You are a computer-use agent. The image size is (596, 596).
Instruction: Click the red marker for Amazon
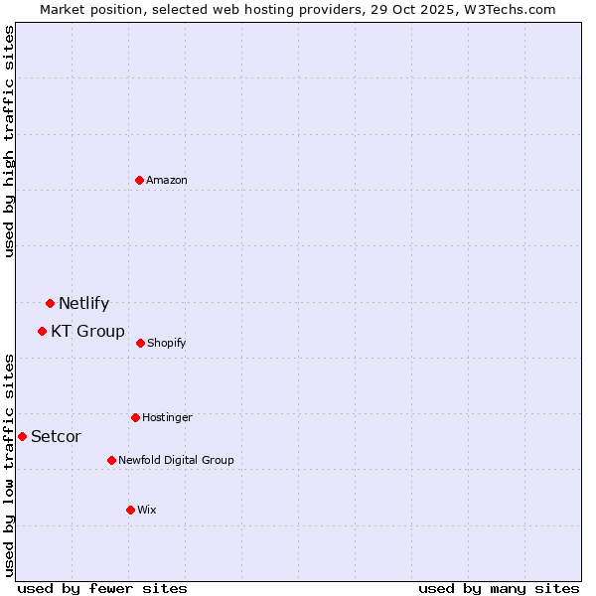[140, 180]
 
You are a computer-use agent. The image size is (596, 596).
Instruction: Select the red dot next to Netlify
[50, 303]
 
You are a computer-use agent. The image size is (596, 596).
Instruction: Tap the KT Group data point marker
[42, 331]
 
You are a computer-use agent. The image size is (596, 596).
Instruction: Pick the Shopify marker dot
[140, 343]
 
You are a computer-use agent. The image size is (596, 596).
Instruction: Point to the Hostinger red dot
[135, 417]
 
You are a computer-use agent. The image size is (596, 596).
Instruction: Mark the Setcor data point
[22, 436]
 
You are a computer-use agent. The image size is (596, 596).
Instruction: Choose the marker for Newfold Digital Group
[111, 460]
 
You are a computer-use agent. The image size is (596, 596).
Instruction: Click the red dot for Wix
[130, 510]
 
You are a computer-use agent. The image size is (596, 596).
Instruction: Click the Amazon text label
[167, 180]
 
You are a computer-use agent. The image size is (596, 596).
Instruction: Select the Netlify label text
[84, 303]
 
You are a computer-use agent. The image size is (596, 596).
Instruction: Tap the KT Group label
[88, 331]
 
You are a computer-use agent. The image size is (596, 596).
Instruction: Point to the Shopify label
[167, 343]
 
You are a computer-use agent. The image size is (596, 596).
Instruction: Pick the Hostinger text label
[167, 417]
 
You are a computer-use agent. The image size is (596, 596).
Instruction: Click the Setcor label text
[57, 436]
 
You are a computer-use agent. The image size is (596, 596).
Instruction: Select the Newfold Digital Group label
[177, 460]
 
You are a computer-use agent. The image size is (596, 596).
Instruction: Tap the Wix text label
[147, 510]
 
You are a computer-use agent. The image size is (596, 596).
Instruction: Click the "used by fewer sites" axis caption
[102, 588]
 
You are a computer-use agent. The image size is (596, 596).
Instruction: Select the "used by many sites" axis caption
[499, 588]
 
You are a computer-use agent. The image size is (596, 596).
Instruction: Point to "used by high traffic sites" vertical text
[9, 141]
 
